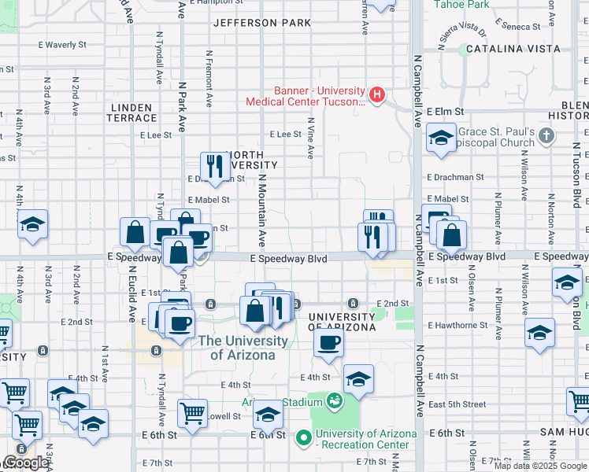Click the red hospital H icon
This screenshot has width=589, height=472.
coord(377,96)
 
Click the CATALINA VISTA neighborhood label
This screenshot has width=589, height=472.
coord(513,49)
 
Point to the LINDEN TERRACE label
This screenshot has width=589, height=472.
coord(134,112)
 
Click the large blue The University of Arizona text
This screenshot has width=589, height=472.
coord(243,348)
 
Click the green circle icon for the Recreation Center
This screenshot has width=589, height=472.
coord(303,437)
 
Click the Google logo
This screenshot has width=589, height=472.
coord(25,463)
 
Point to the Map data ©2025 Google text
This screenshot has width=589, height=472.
coord(539,466)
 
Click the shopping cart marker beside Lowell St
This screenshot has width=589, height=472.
coord(192,412)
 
